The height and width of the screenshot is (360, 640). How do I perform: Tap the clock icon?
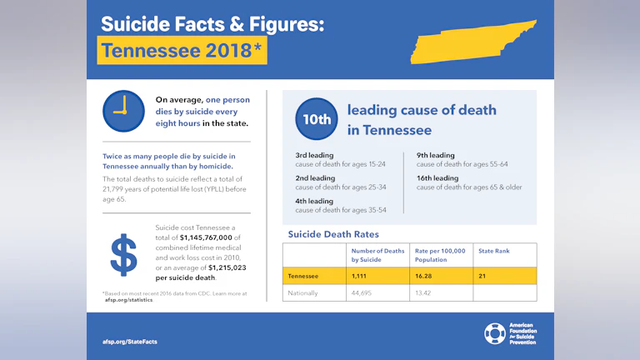(122, 111)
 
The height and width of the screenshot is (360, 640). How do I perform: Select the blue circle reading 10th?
(316, 119)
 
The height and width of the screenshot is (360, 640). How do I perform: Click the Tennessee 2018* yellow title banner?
(182, 51)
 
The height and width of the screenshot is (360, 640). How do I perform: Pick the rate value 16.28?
(426, 275)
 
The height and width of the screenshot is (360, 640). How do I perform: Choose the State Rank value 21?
(482, 275)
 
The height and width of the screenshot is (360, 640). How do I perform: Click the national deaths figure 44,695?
(365, 292)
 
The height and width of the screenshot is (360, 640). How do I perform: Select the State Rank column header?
(493, 250)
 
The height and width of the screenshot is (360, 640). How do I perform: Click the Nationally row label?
(302, 292)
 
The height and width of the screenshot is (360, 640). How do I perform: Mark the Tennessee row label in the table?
(303, 275)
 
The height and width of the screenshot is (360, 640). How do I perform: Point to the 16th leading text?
(437, 177)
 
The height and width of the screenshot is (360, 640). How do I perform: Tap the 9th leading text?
(436, 155)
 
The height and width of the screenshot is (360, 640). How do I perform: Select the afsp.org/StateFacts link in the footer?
(124, 342)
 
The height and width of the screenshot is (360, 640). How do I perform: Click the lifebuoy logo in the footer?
(494, 333)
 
